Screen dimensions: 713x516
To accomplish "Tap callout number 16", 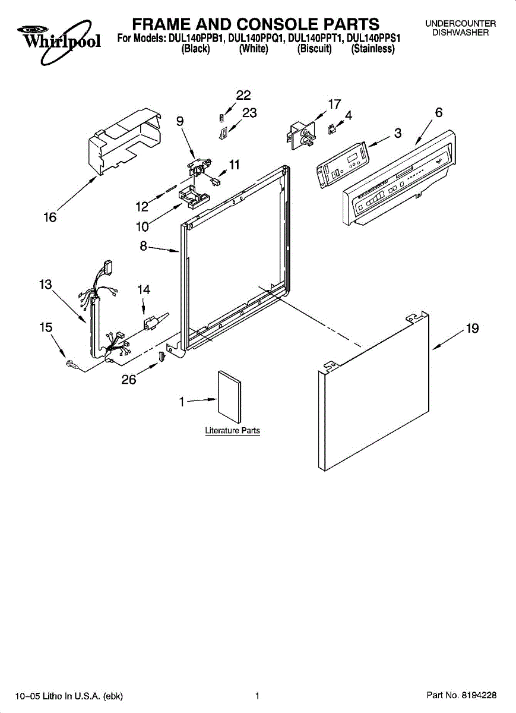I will tap(50, 218).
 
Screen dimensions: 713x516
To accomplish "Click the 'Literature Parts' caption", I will tap(232, 431).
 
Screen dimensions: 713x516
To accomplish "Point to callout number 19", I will tap(472, 329).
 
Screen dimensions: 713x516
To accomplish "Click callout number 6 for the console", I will tap(438, 113).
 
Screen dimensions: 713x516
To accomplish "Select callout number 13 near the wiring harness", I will tap(46, 285).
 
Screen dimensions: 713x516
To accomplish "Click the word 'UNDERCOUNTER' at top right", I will tap(460, 24).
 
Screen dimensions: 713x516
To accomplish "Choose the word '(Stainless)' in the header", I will tap(373, 49).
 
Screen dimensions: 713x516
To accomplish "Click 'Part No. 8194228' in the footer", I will tap(461, 696).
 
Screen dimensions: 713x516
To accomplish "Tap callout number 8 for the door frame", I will tap(143, 245).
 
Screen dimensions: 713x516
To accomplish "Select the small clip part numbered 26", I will tap(162, 357).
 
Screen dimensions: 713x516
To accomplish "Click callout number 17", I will tap(334, 104).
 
